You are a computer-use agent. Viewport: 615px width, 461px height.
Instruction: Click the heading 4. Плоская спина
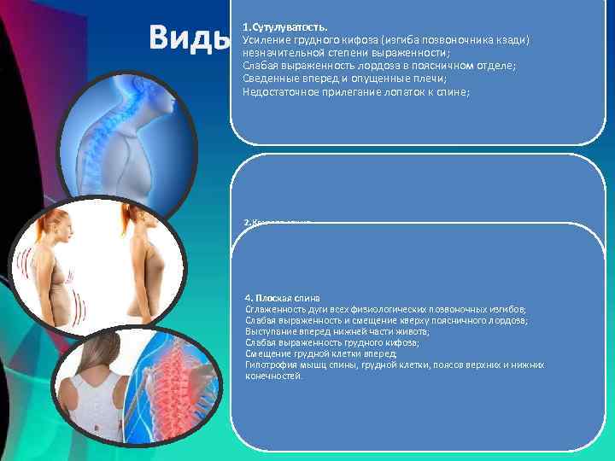point(282,297)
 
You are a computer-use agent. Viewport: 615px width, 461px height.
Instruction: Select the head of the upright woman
point(137,214)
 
